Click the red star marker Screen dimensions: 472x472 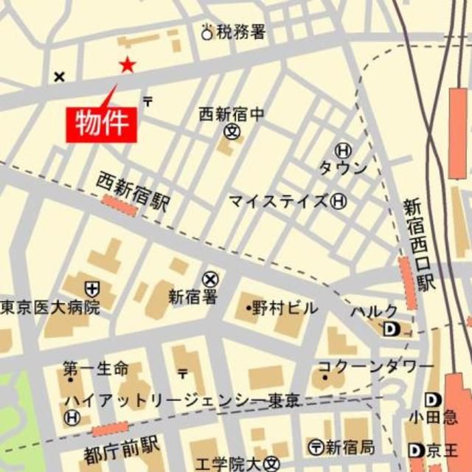pos(127,66)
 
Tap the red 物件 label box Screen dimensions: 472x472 pos(103,123)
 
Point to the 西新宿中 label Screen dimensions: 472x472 pos(231,114)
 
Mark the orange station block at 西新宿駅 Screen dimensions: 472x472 pos(119,206)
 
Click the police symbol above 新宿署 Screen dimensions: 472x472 pos(211,279)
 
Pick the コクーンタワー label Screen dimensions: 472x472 pos(376,366)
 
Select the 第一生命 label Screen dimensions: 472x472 pos(95,367)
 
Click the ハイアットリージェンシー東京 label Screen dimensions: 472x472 pos(181,400)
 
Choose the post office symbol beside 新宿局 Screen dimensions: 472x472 pos(316,446)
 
